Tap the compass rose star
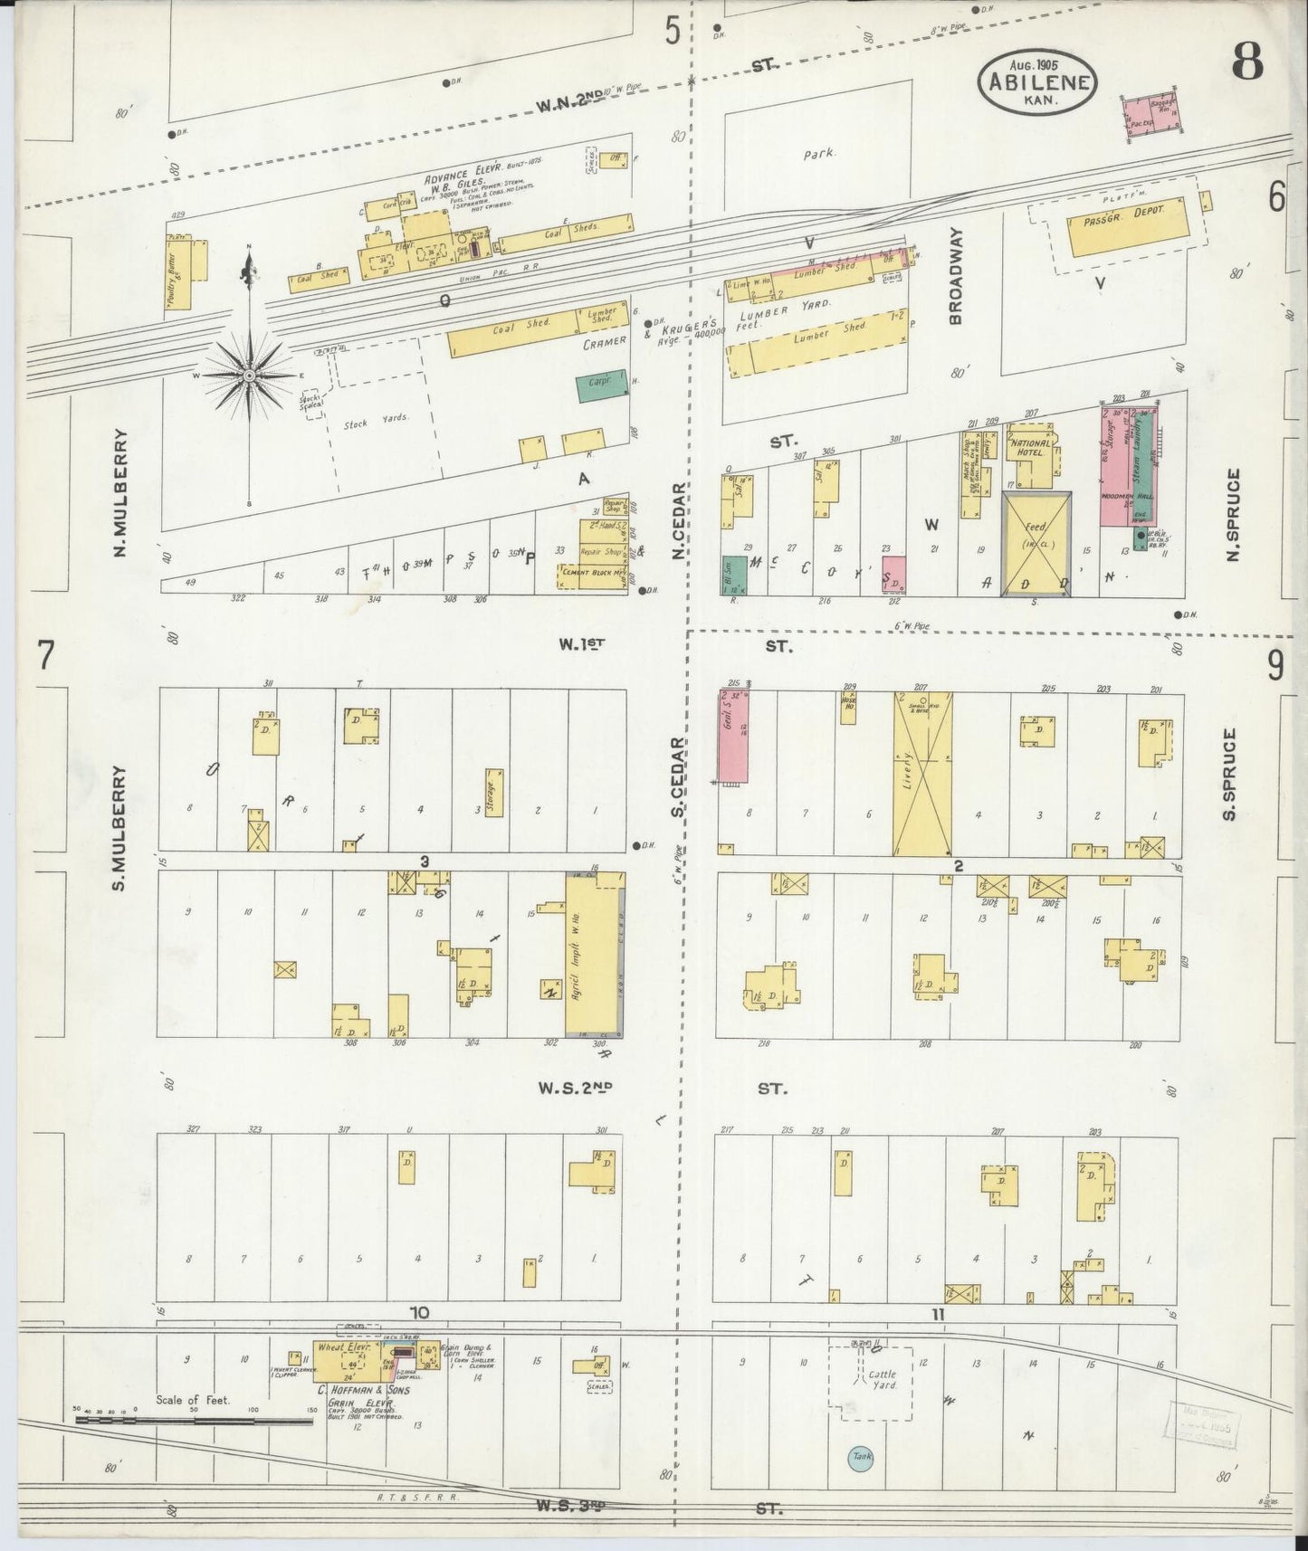point(248,374)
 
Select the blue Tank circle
point(859,1456)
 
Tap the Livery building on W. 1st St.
point(922,774)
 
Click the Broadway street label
point(956,275)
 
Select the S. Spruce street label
point(1229,775)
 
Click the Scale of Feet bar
point(195,1420)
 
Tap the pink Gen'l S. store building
point(731,736)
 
